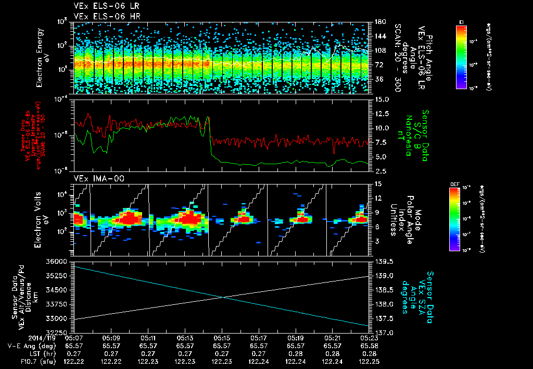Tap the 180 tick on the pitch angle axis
pyautogui.click(x=380, y=22)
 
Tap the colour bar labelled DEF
pyautogui.click(x=454, y=219)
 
